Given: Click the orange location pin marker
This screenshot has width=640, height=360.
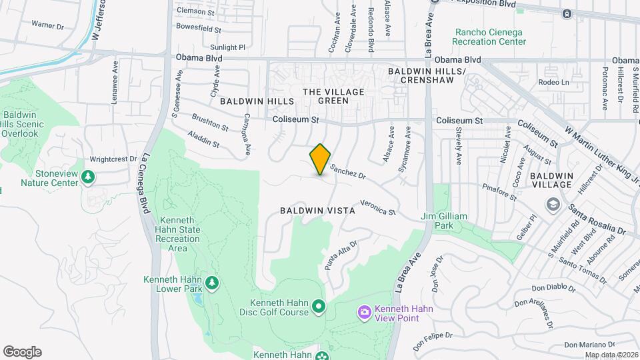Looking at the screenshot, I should click(x=321, y=159).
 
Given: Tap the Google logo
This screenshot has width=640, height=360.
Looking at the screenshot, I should click(x=22, y=351).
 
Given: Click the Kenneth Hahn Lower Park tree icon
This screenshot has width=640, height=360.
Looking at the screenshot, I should click(x=212, y=283).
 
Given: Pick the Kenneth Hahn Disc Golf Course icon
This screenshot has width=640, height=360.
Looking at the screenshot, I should click(x=319, y=306).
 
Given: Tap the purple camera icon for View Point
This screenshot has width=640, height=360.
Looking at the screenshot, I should click(x=364, y=311).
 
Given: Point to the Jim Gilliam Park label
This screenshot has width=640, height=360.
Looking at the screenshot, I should click(x=443, y=221).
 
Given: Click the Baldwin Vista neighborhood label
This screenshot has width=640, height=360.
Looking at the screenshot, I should click(x=317, y=210).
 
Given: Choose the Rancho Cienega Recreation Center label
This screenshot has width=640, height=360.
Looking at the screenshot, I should click(x=491, y=37).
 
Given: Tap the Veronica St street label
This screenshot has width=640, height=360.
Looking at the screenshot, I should click(x=377, y=208).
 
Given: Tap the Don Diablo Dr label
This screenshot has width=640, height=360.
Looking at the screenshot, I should click(x=553, y=288).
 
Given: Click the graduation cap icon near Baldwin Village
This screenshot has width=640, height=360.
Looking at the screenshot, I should click(x=552, y=203).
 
